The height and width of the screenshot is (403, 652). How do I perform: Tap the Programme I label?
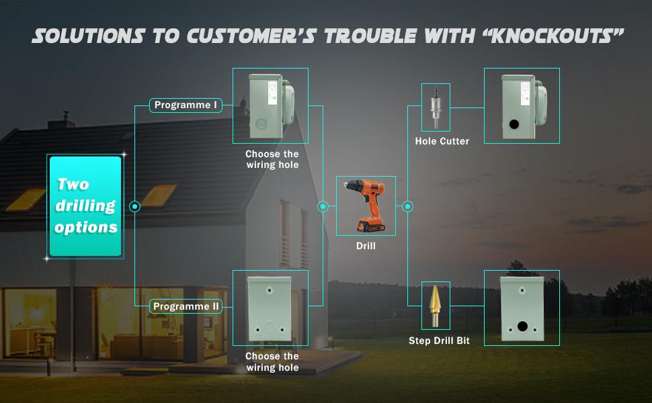point(186,105)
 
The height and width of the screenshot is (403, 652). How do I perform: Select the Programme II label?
point(186,306)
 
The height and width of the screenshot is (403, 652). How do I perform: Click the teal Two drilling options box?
point(85,206)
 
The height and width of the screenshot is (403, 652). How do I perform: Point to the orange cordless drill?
point(365,206)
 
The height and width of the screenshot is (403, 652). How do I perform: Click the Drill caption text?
point(366,247)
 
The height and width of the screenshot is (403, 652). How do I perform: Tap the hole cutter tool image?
point(436,107)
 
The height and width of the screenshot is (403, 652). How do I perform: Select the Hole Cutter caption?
point(442,141)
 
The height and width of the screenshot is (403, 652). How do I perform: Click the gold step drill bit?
point(436,304)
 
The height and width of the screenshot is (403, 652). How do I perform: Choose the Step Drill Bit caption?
point(439,341)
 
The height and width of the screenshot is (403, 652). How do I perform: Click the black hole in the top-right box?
point(514,125)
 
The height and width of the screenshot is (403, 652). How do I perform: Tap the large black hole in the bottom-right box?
point(522,327)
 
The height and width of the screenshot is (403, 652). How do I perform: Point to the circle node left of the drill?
point(323,207)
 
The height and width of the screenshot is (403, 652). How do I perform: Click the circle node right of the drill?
point(407,207)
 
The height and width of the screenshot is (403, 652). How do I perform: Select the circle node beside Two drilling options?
point(135,207)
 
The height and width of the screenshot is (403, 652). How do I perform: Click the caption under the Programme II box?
point(272,361)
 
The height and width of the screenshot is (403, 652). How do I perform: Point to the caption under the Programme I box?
point(272,159)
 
